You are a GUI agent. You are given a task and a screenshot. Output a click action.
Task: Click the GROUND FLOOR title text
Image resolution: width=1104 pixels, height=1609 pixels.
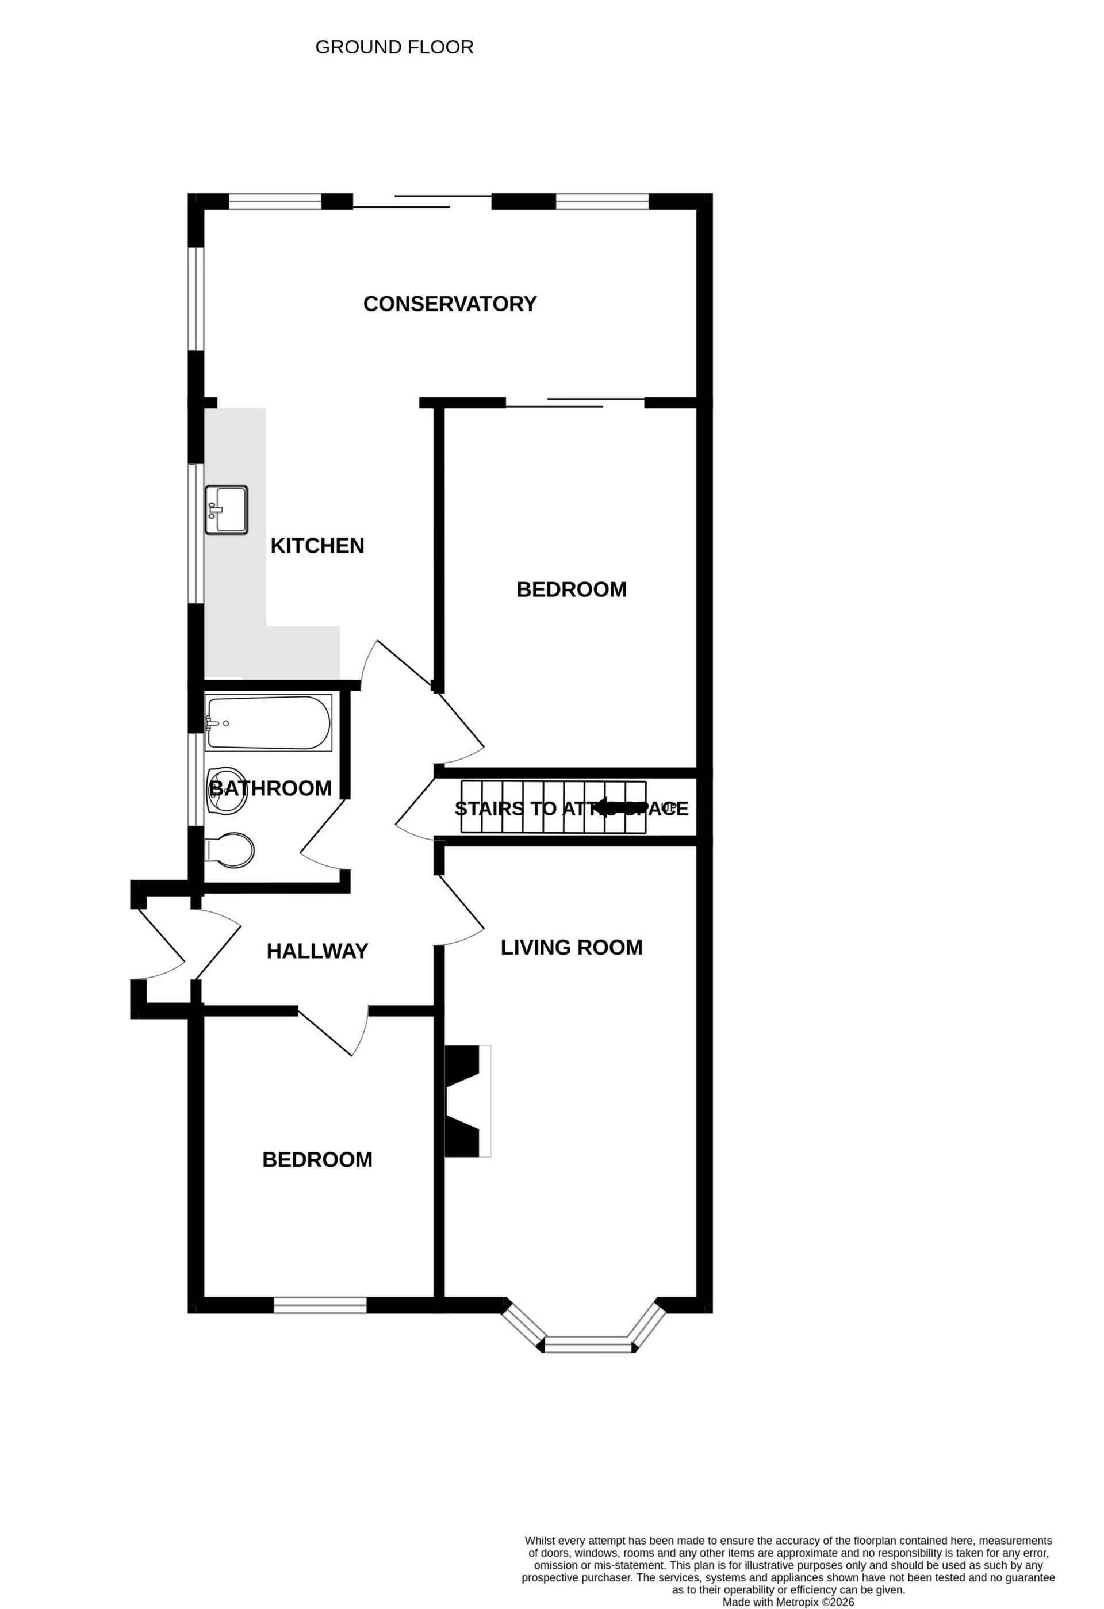[x=394, y=47]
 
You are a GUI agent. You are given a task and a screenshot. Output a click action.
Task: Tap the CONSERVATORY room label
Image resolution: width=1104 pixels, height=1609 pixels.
[x=450, y=304]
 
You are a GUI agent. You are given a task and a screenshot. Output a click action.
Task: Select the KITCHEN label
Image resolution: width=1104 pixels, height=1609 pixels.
[x=317, y=546]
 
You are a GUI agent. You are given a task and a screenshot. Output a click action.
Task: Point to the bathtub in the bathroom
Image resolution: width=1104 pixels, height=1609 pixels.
[x=269, y=723]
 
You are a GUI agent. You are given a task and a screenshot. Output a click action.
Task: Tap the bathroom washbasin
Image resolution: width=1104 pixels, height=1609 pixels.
[x=227, y=791]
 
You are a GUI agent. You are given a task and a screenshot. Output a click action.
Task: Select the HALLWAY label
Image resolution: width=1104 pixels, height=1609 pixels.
[x=317, y=951]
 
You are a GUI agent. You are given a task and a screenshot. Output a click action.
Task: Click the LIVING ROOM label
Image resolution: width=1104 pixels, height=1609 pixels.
[x=571, y=947]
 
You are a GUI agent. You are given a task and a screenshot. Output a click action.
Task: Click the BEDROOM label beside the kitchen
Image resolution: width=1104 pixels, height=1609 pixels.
[x=571, y=589]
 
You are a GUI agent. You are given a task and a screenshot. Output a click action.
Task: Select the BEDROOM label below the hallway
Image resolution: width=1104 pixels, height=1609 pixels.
[x=317, y=1160]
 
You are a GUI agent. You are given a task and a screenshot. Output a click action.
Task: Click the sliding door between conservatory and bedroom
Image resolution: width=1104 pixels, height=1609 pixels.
[x=576, y=403]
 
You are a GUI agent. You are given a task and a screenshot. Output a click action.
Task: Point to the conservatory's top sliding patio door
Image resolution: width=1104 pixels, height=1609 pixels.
[x=422, y=201]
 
